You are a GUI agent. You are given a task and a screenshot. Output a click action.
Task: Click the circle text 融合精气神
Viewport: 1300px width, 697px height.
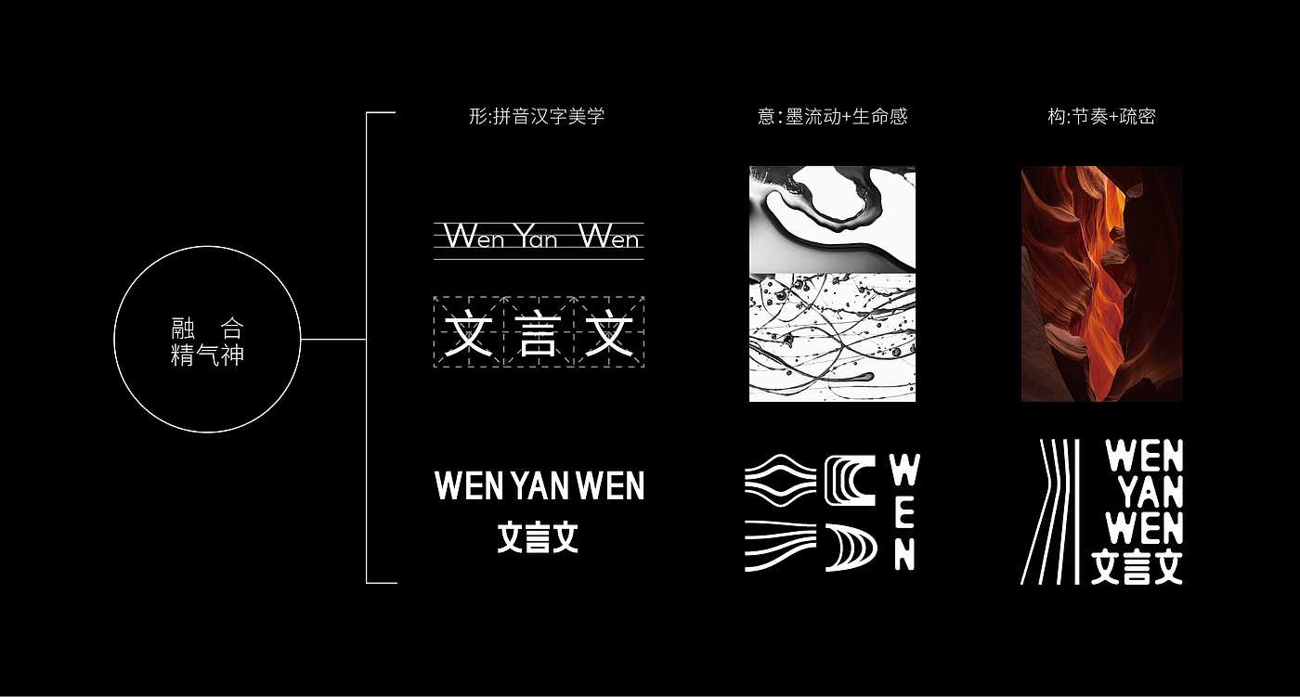(x=207, y=342)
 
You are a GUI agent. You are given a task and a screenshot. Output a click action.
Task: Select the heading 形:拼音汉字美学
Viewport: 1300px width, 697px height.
(x=537, y=116)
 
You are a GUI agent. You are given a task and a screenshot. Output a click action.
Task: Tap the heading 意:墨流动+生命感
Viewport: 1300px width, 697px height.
(x=832, y=117)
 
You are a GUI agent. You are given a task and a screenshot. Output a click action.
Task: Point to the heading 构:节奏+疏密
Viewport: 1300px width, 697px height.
(x=1101, y=117)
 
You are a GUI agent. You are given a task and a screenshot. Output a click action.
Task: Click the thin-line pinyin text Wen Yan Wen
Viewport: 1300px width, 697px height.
(x=539, y=237)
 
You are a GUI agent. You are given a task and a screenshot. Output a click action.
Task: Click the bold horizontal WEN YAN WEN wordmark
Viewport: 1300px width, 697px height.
(x=539, y=485)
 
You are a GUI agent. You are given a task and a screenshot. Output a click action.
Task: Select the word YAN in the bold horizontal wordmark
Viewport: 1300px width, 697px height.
(x=539, y=485)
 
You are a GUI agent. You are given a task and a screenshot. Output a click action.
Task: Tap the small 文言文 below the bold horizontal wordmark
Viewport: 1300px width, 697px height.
(x=538, y=537)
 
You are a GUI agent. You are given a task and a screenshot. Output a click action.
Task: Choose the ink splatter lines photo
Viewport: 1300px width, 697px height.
(x=832, y=338)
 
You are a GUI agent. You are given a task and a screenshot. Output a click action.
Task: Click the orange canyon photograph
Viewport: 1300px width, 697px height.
(x=1101, y=284)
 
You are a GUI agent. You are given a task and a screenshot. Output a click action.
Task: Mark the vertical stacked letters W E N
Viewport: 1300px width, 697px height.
(x=904, y=512)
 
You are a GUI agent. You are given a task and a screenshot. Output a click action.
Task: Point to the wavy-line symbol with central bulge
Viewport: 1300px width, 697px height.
(x=781, y=480)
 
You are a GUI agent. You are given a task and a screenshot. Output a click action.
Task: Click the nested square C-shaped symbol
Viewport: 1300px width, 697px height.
(x=851, y=481)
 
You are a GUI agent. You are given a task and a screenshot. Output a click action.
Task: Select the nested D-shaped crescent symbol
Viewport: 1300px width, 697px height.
(x=851, y=548)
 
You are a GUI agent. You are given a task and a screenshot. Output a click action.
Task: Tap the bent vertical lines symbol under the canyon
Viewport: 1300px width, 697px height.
(x=1050, y=511)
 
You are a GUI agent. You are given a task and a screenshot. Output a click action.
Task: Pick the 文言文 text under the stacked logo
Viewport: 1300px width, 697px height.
(x=1137, y=566)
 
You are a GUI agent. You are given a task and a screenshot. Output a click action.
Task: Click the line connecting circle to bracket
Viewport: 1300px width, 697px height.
(x=333, y=340)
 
